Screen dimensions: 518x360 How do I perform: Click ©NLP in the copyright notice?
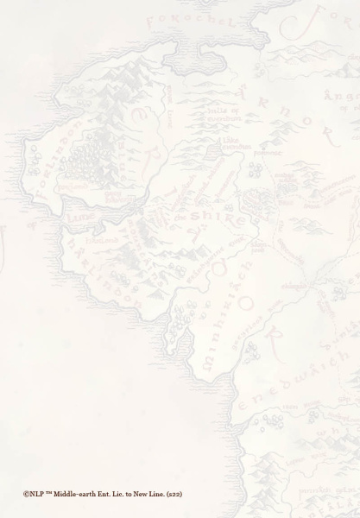click(32, 494)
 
